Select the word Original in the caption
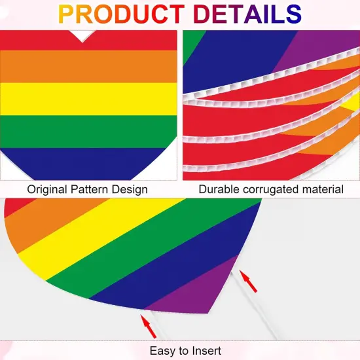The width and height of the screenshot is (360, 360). (46, 189)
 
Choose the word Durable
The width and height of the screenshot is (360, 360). (219, 189)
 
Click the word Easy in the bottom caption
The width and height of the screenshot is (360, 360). (162, 350)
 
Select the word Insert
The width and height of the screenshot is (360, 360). (206, 350)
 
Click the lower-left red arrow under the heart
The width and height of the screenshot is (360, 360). (148, 325)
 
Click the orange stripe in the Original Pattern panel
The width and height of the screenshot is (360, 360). (88, 66)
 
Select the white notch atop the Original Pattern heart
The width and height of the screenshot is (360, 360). (82, 35)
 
